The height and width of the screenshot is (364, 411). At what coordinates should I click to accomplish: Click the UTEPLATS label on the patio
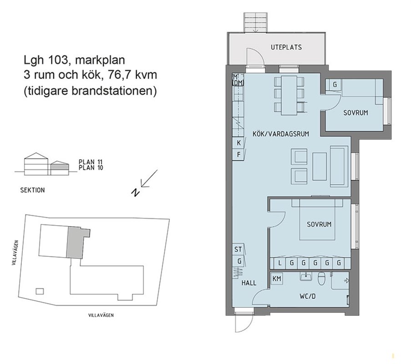(x=286, y=47)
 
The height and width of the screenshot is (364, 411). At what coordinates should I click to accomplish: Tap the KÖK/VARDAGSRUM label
(x=281, y=134)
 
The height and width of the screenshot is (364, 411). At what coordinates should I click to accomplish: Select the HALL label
(x=249, y=283)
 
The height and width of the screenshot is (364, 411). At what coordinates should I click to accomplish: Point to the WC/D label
(x=308, y=297)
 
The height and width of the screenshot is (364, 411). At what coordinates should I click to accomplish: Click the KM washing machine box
(x=277, y=278)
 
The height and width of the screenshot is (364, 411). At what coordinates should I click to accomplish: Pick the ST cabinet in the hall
(x=238, y=249)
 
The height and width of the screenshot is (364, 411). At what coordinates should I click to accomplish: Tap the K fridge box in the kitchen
(x=238, y=143)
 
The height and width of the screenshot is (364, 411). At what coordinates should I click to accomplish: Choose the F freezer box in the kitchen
(x=238, y=154)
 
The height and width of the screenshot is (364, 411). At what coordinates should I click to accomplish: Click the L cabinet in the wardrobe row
(x=279, y=263)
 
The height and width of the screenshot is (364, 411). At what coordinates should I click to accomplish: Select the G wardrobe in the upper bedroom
(x=335, y=85)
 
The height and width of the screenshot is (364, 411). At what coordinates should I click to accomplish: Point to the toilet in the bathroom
(x=321, y=278)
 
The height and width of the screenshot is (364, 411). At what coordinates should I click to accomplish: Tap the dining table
(x=289, y=96)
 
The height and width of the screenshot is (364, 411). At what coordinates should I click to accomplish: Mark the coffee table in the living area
(x=319, y=167)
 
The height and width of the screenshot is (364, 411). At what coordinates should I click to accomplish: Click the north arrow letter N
(x=135, y=192)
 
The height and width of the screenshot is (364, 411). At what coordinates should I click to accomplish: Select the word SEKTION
(x=32, y=190)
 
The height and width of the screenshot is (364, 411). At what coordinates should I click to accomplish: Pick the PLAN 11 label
(x=91, y=162)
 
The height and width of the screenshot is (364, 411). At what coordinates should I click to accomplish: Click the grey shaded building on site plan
(x=75, y=243)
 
